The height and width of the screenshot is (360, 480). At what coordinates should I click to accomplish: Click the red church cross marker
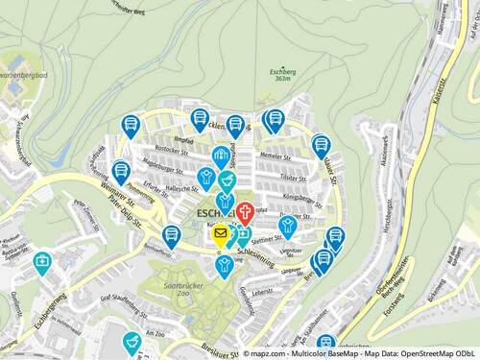pyautogui.click(x=245, y=212)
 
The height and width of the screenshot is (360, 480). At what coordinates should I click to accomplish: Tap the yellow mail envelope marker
pyautogui.click(x=221, y=233)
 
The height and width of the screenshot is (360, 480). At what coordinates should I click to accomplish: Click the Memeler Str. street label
pyautogui.click(x=275, y=155)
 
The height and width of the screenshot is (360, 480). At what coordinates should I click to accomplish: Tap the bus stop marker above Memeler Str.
pyautogui.click(x=274, y=120)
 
